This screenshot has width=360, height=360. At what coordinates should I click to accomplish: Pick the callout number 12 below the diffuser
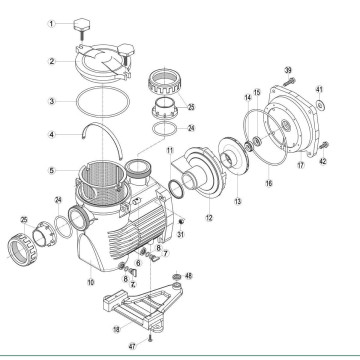(x=209, y=216)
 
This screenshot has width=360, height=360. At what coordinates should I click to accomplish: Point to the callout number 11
(x=170, y=149)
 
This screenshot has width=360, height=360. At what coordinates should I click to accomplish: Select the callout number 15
(x=257, y=93)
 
